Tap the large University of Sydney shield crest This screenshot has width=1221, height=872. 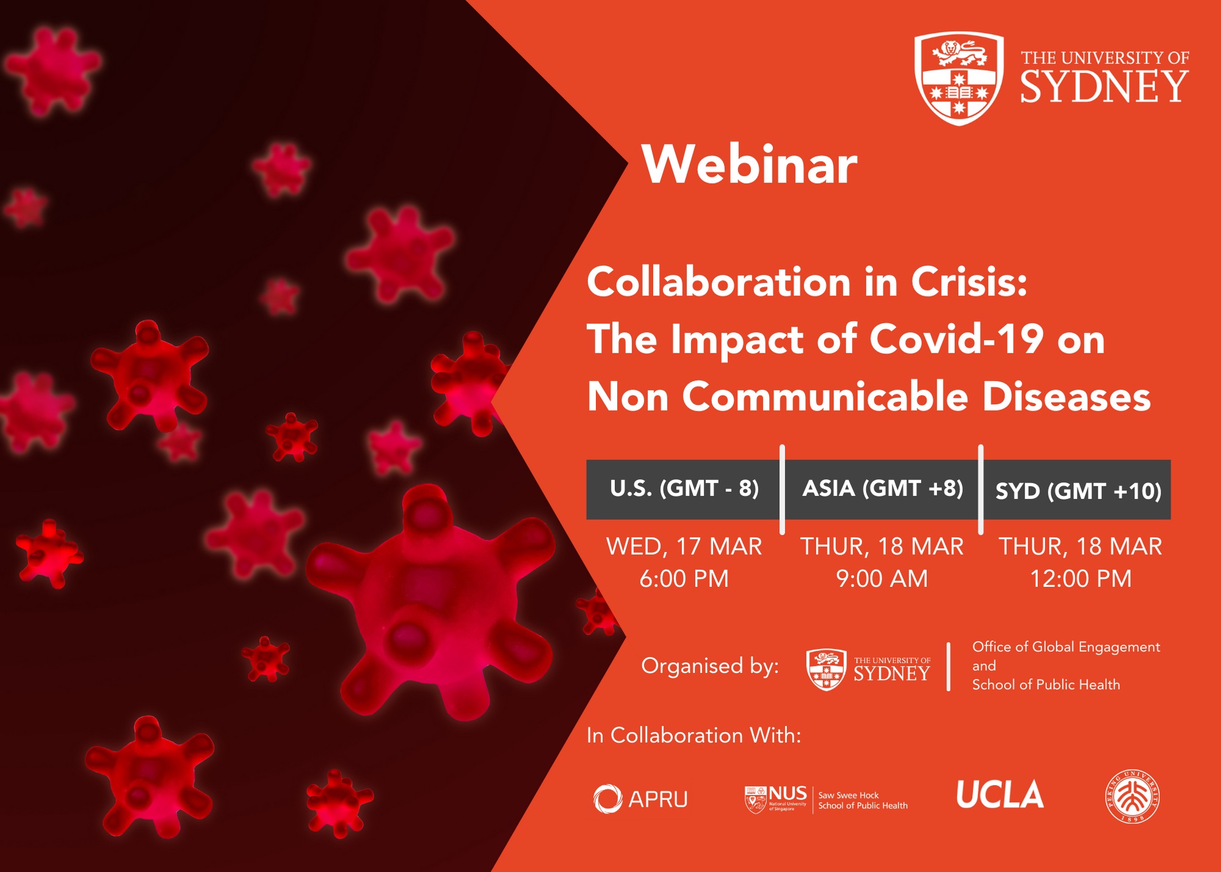click(959, 78)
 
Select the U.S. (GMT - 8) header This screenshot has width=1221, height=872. click(684, 489)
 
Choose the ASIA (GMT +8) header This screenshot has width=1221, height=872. click(883, 489)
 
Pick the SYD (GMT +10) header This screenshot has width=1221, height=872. click(1079, 491)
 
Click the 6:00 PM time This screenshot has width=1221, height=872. click(684, 578)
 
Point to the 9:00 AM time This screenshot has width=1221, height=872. click(882, 578)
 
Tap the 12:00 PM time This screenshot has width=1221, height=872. click(1081, 578)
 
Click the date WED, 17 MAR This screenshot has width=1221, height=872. click(684, 546)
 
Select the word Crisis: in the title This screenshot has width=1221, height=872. click(969, 282)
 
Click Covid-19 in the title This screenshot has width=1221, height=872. click(957, 339)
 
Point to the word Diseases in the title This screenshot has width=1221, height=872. click(1067, 396)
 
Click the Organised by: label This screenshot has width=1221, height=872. click(710, 666)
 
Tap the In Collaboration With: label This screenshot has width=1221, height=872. click(694, 735)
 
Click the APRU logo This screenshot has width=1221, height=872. click(640, 799)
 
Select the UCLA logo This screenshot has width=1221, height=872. click(1000, 794)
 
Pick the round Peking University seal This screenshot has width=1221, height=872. click(1132, 796)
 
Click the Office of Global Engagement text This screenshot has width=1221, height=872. click(1066, 647)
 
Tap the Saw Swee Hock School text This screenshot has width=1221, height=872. click(863, 801)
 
